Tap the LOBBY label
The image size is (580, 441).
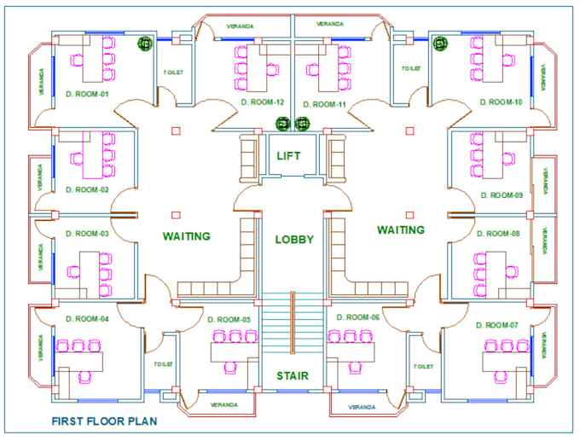pos(294,240)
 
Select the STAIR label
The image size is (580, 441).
pos(292,375)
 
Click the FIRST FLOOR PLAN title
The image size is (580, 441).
pos(104,421)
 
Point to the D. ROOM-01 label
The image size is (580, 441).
pos(87,95)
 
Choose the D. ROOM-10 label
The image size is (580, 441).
pos(501,102)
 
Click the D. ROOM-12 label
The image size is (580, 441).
pos(262,102)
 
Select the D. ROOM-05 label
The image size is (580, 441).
pos(229,320)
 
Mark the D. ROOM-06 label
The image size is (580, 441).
pos(357,317)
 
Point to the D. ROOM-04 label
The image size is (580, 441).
pos(88,319)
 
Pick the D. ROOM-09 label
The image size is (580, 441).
pos(501,194)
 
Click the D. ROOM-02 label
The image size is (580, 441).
pos(87,189)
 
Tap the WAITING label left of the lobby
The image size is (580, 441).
pos(187,235)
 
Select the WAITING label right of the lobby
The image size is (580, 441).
pos(401,229)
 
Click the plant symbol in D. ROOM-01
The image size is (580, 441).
pos(145,43)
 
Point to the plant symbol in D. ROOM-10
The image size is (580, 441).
pos(440,43)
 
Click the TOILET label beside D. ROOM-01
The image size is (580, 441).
pos(172,72)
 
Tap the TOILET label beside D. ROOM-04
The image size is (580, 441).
pos(164,363)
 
